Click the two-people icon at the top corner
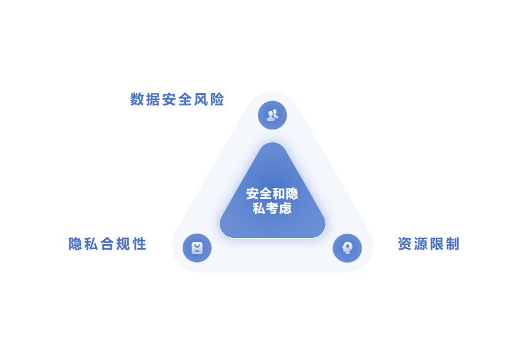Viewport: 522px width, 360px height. (x=272, y=115)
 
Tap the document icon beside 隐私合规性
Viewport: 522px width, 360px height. (x=197, y=248)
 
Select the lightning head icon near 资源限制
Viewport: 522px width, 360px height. (x=347, y=248)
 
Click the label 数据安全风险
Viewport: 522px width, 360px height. (x=177, y=99)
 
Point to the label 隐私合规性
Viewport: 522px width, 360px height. (x=107, y=244)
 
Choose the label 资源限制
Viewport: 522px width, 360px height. (x=428, y=244)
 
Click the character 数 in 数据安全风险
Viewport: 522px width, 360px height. (x=137, y=99)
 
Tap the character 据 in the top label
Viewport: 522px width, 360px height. (x=153, y=99)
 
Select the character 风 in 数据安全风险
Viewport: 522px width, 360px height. (x=201, y=99)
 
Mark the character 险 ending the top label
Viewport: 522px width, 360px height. (x=217, y=99)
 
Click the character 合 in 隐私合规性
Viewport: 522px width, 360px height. (x=107, y=244)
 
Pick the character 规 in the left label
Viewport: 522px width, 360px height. (x=123, y=244)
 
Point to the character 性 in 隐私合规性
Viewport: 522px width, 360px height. (x=139, y=244)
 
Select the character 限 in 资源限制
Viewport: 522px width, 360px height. (x=436, y=244)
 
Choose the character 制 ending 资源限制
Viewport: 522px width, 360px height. (x=452, y=244)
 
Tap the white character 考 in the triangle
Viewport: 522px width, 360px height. (x=272, y=208)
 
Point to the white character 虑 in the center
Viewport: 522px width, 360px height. (x=285, y=208)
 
